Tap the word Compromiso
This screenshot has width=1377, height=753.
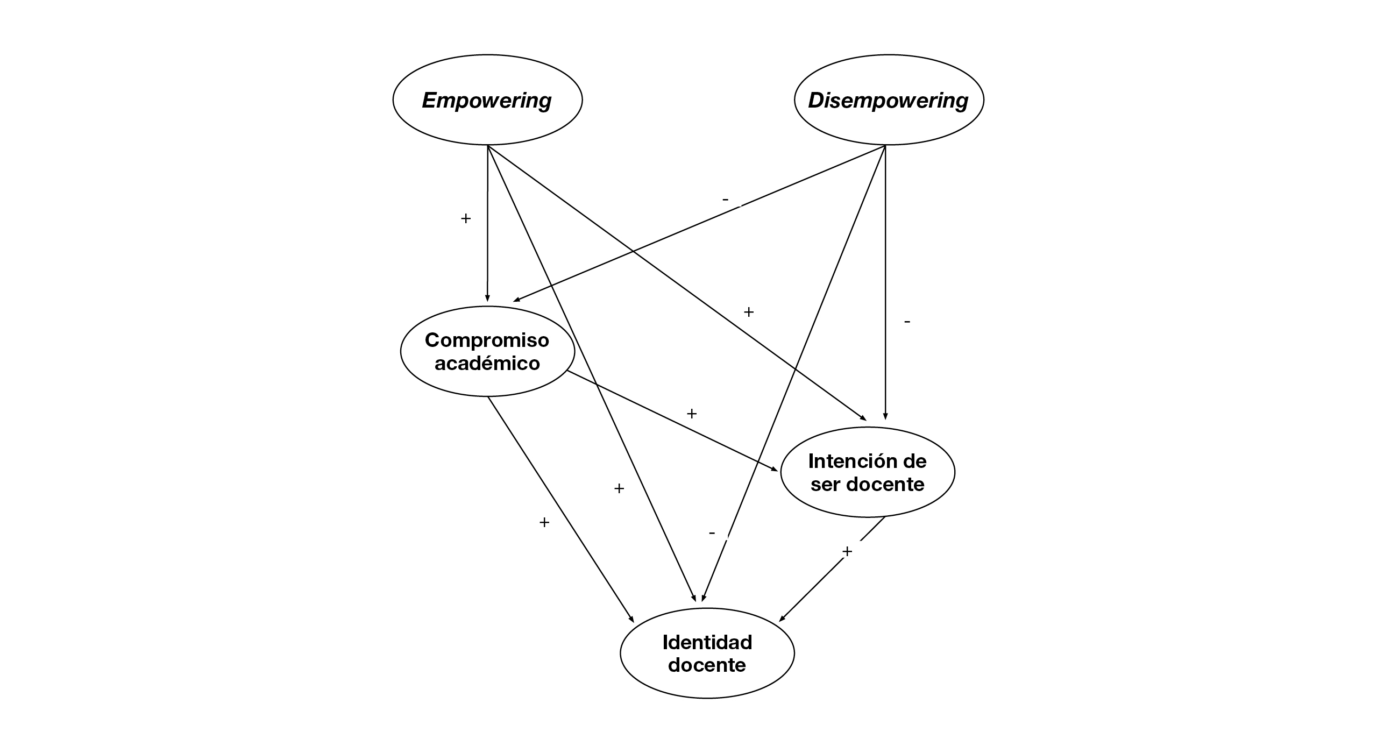pyautogui.click(x=487, y=340)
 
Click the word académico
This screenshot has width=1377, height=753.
pyautogui.click(x=487, y=363)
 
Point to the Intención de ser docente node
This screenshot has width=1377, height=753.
pyautogui.click(x=867, y=472)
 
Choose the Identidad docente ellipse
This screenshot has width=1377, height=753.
pyautogui.click(x=707, y=653)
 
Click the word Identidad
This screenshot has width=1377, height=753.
pyautogui.click(x=707, y=642)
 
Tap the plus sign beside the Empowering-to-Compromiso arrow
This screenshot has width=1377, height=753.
pyautogui.click(x=466, y=218)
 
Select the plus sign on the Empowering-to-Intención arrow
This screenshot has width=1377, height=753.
pyautogui.click(x=748, y=312)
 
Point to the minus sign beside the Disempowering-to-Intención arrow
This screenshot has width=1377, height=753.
pyautogui.click(x=907, y=322)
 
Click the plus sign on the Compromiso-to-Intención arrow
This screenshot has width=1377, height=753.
pyautogui.click(x=692, y=414)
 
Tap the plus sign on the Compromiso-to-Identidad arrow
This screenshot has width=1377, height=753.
pyautogui.click(x=544, y=522)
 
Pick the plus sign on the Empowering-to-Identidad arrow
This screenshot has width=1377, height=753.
pyautogui.click(x=619, y=488)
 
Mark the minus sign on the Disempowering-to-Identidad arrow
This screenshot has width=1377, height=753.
pyautogui.click(x=712, y=533)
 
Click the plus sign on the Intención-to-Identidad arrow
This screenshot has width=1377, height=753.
pyautogui.click(x=847, y=551)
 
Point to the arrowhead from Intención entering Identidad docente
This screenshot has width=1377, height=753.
pyautogui.click(x=783, y=619)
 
